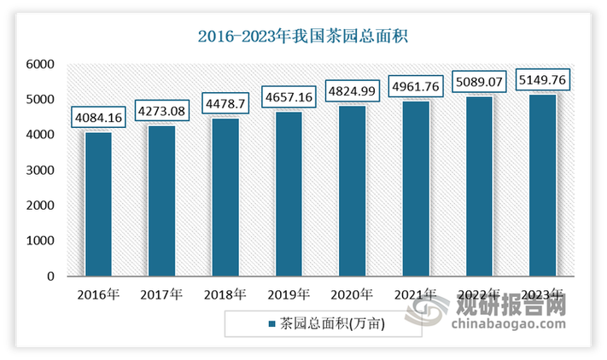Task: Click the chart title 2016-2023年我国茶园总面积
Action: (x=304, y=37)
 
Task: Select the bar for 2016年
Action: (x=99, y=204)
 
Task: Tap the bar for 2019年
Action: (x=289, y=194)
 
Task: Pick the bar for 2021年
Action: (x=415, y=189)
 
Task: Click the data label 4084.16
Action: (x=99, y=115)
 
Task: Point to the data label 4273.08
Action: (x=162, y=108)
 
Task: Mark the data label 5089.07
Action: (x=478, y=85)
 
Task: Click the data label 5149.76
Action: (x=541, y=81)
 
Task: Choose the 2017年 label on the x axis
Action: (x=162, y=295)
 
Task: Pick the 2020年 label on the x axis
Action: (x=352, y=295)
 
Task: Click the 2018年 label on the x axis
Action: (x=225, y=295)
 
